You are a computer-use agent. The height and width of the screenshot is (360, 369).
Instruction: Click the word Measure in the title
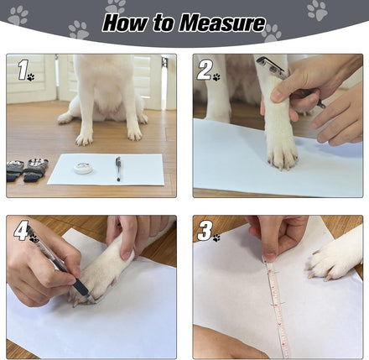222,23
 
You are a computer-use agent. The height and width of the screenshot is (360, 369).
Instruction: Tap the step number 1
23,70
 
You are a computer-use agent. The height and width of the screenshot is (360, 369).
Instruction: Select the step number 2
205,70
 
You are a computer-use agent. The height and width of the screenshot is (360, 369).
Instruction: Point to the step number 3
205,231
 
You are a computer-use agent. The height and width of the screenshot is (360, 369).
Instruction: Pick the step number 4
21,230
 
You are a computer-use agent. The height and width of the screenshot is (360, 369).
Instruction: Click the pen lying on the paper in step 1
118,169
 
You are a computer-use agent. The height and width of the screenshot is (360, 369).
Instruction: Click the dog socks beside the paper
27,170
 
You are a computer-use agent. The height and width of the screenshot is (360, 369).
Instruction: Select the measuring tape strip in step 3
278,307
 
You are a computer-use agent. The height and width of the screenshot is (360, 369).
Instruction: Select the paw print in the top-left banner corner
18,15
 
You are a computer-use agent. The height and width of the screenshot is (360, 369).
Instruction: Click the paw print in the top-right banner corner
317,10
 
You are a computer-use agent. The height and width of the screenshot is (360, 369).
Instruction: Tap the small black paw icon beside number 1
31,77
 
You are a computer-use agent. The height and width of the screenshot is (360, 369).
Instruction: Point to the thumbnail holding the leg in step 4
127,255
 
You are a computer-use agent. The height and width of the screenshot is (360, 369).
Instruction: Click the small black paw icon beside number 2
216,77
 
